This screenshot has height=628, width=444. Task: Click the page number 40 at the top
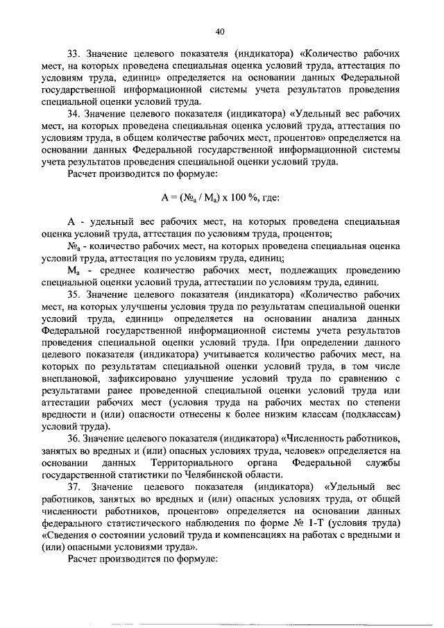coord(221,31)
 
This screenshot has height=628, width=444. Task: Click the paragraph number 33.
coord(74,53)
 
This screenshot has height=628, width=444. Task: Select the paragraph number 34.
coord(74,113)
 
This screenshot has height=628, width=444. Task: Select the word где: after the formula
coord(271,198)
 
